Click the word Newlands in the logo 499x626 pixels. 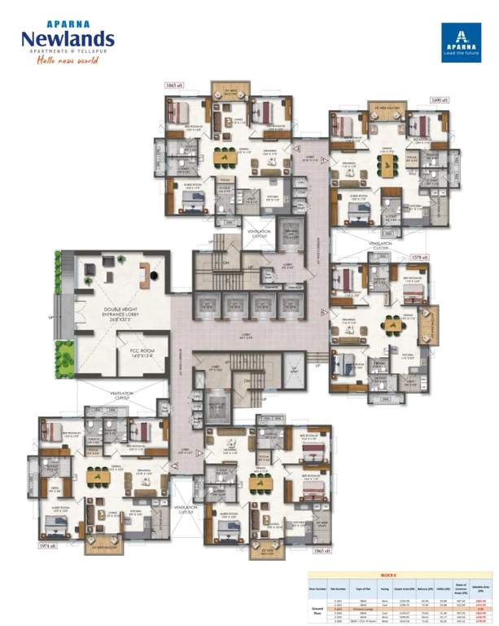(68, 38)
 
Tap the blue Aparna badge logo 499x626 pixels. (462, 42)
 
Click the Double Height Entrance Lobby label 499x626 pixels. (124, 313)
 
